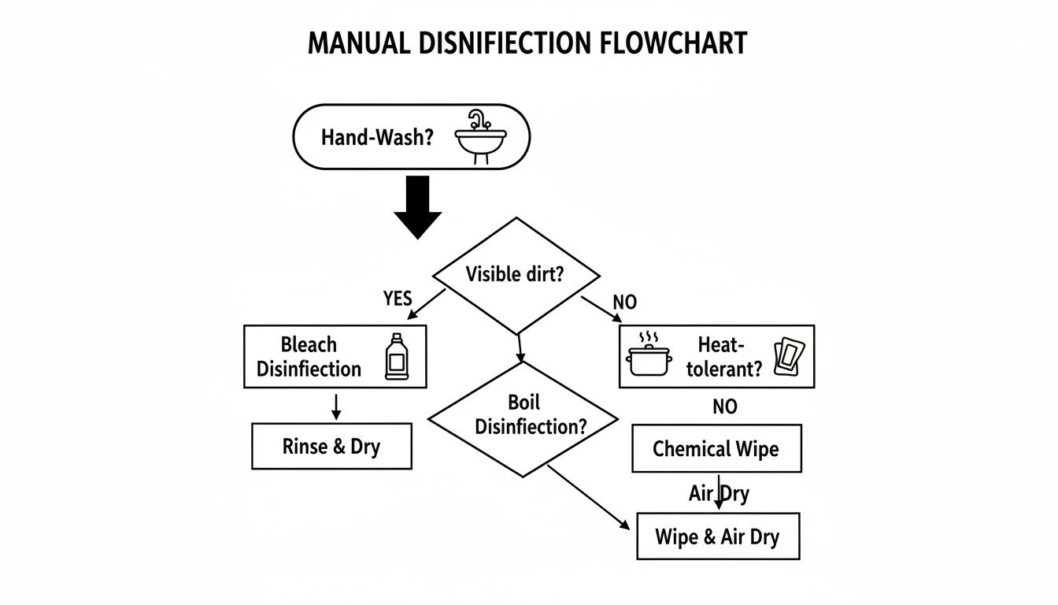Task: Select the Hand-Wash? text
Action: click(x=377, y=137)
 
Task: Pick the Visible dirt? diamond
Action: click(x=516, y=275)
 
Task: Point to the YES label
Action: click(x=398, y=299)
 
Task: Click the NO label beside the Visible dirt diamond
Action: click(x=624, y=302)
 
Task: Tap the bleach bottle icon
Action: click(x=396, y=357)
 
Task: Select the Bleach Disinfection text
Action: click(x=309, y=357)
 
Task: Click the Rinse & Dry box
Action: click(x=331, y=447)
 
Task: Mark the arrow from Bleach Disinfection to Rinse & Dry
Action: click(x=336, y=406)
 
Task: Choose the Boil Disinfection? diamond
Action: click(x=523, y=416)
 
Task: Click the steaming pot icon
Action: click(x=649, y=357)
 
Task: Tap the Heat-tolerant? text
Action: click(x=723, y=357)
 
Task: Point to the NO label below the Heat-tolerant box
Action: click(x=725, y=406)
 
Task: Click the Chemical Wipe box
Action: click(x=716, y=449)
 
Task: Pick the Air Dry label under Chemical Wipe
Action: click(x=719, y=494)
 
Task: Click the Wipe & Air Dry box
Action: click(x=717, y=536)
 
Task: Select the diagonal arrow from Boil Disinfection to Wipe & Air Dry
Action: click(x=588, y=498)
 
